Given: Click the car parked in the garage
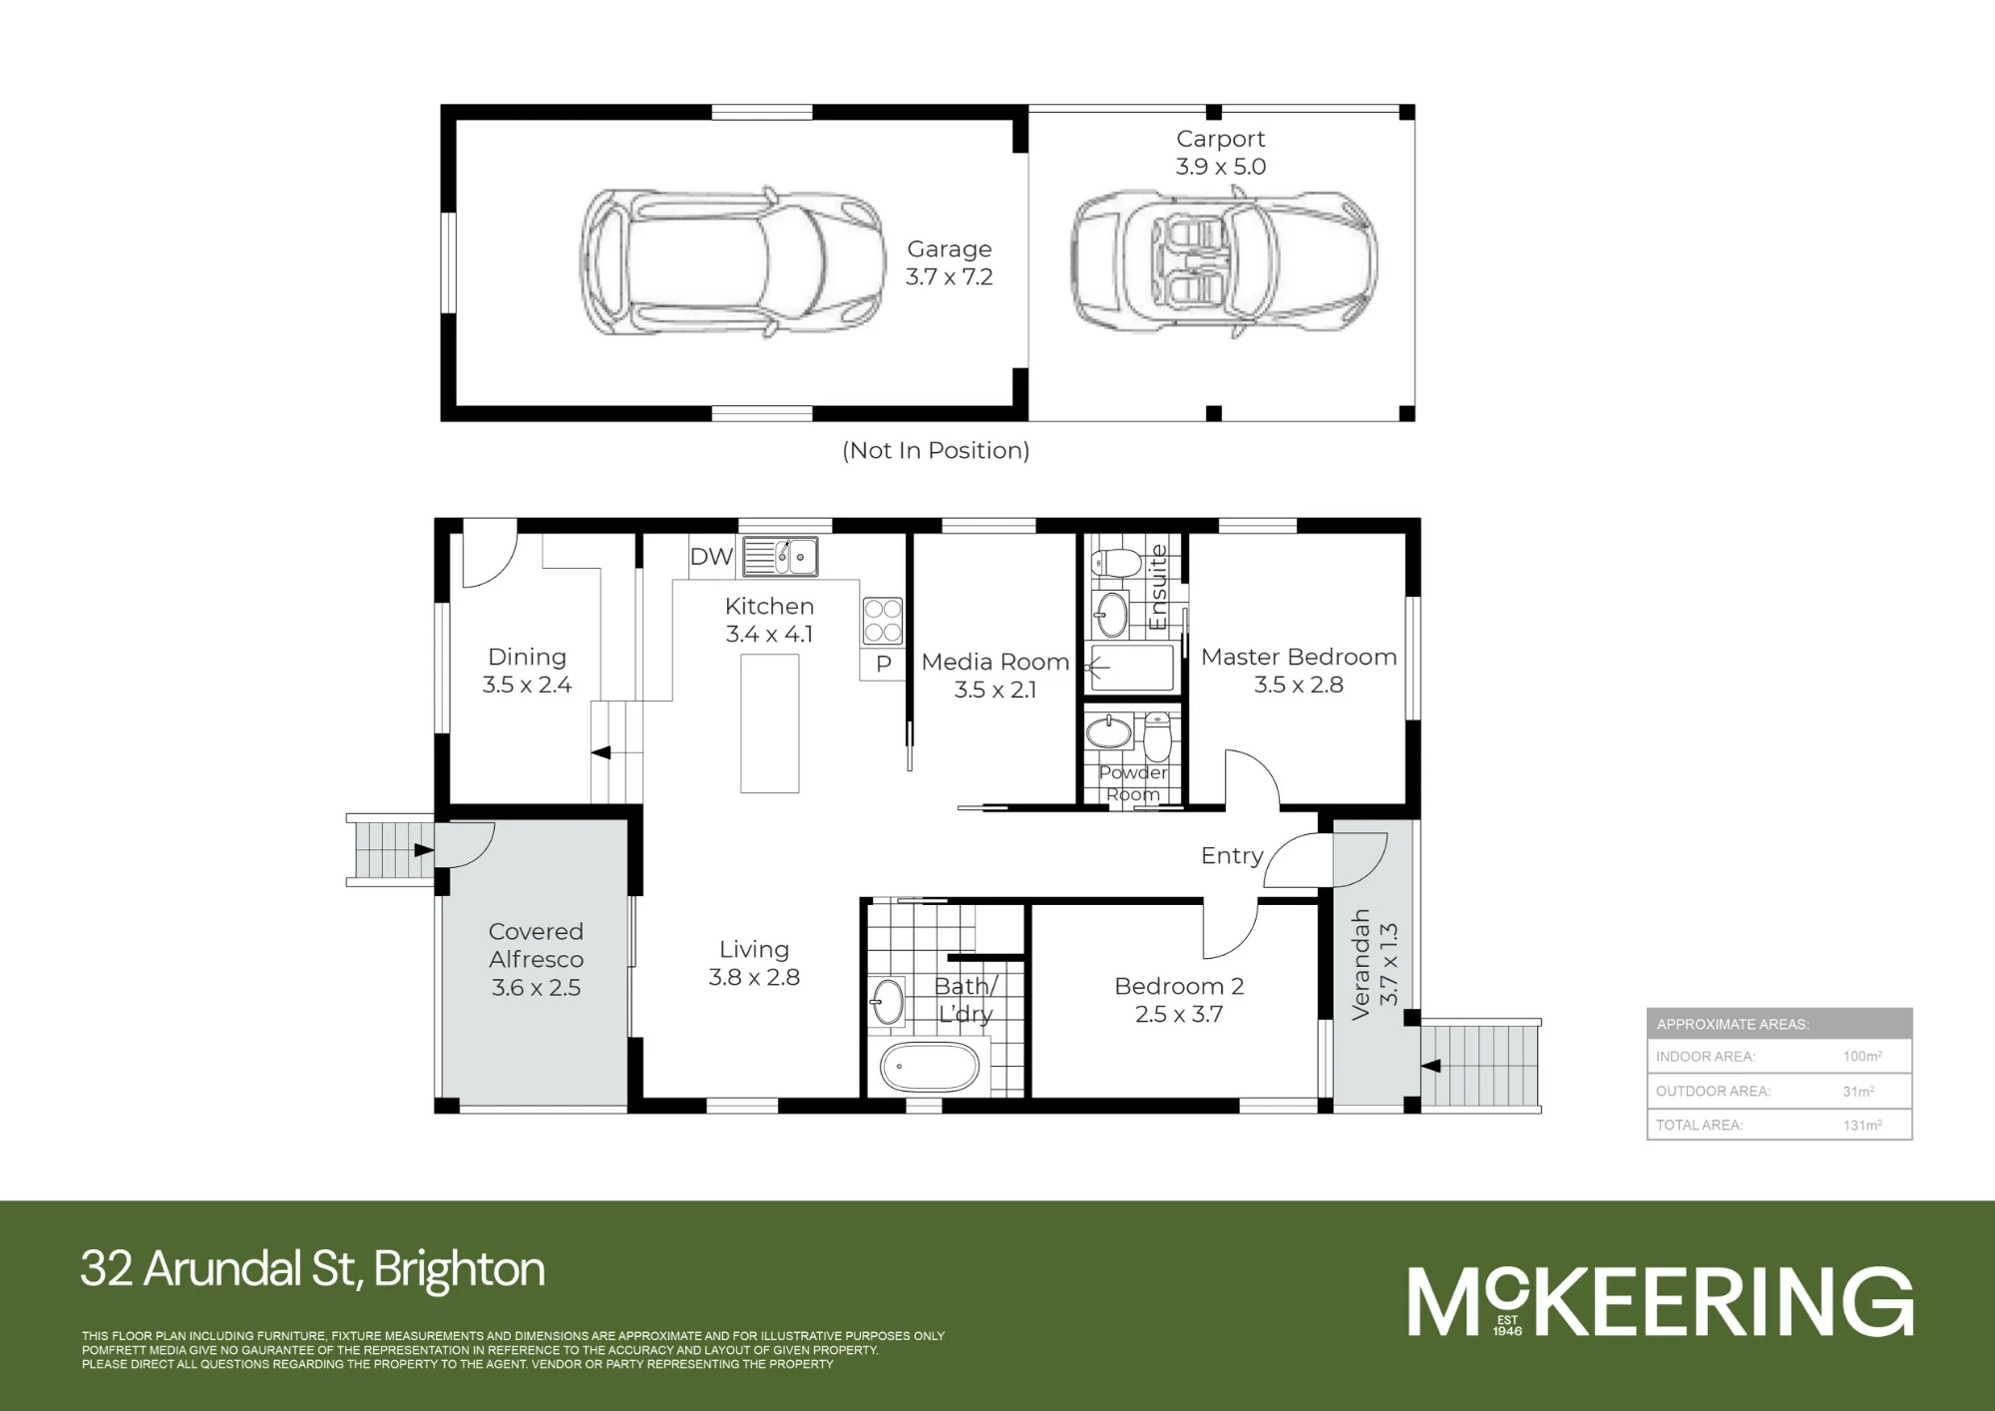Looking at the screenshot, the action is (731, 262).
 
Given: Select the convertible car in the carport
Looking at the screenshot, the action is (1224, 261).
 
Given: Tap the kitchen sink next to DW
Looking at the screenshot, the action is (780, 557).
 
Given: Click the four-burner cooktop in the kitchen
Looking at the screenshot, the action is (883, 620).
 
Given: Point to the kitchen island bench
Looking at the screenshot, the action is (770, 723).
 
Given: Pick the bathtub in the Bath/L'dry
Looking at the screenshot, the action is (930, 1068).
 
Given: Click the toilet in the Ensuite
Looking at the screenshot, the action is (1116, 563).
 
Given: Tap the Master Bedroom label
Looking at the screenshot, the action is (1299, 657).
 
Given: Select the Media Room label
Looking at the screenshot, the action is (996, 662).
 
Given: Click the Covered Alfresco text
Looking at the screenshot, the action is (536, 945).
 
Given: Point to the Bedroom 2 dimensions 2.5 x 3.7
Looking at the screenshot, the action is (1179, 1014).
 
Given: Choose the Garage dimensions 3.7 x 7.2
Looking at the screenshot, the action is (950, 276).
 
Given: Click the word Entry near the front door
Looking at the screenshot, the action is (1232, 856).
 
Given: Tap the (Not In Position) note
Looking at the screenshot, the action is (936, 450).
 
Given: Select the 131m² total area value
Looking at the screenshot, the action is (1862, 1125).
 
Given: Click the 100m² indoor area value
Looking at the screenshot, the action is (1862, 1056).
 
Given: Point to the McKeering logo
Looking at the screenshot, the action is (1660, 1301).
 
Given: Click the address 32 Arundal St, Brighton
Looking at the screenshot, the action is (313, 1269).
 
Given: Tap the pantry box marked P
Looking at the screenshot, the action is (883, 665).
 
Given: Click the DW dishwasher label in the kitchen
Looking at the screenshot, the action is (711, 557).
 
